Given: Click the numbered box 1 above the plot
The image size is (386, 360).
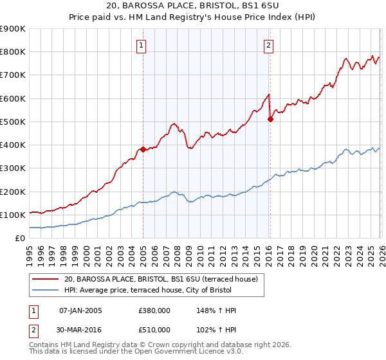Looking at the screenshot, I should click(x=141, y=45).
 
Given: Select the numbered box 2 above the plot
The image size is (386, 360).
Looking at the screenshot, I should click(x=268, y=45).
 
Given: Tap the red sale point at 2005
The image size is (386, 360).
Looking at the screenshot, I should click(x=143, y=149).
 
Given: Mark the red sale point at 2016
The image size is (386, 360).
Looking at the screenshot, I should click(x=270, y=119).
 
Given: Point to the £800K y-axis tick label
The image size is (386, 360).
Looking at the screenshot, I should click(x=12, y=52).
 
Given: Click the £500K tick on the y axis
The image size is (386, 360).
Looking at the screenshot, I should click(x=12, y=122).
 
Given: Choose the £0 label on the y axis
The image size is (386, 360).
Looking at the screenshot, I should click(x=19, y=238).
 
